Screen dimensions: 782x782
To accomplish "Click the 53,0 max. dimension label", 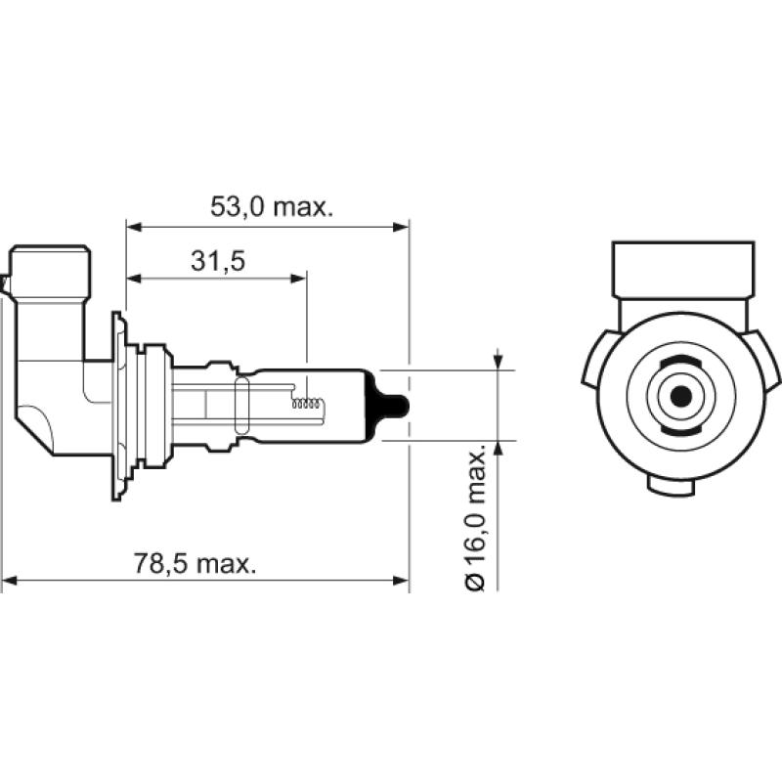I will click(272, 207).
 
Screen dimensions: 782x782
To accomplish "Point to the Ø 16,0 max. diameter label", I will click(476, 518).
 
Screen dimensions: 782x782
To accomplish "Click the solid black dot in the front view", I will click(680, 396).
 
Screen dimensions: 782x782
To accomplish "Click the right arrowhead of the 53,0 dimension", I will click(401, 227).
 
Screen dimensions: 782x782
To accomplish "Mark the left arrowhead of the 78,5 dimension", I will click(10, 583).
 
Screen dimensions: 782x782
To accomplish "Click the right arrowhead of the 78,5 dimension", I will click(401, 583).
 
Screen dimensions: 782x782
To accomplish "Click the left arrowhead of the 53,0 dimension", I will click(134, 227).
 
